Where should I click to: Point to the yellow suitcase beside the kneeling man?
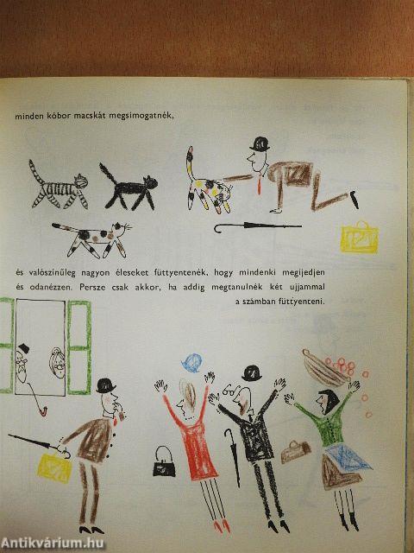point(360,238)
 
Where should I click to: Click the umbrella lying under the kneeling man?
point(257,226)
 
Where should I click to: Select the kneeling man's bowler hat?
point(260,143)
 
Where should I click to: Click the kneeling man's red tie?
point(260,184)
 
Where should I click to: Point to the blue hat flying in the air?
point(192,363)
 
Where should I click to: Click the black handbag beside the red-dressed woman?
point(164,462)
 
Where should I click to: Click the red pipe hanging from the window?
point(37,399)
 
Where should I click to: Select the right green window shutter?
point(79,347)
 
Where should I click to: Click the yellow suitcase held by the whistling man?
point(55,467)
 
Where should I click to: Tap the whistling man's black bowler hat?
point(105,386)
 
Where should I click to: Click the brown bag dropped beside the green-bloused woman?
point(296,452)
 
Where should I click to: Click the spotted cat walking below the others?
point(94,239)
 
